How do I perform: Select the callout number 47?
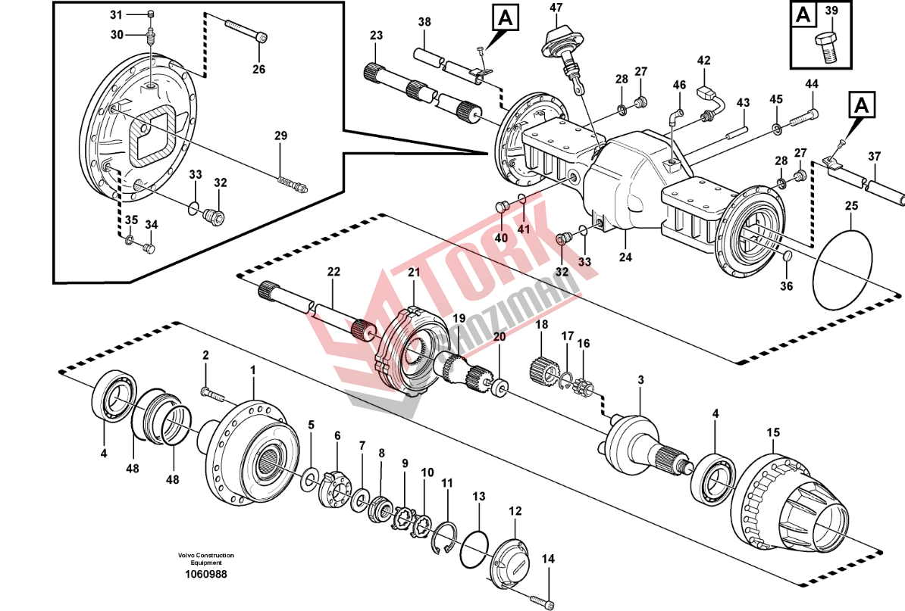556,9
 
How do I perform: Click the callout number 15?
772,433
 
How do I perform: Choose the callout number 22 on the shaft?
334,272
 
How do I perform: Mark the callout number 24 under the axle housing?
625,257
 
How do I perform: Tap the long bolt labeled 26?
244,29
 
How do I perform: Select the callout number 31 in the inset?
116,15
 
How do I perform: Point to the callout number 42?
704,61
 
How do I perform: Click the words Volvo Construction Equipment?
206,559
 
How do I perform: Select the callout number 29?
281,136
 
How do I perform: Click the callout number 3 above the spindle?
640,379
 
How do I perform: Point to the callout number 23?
377,36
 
